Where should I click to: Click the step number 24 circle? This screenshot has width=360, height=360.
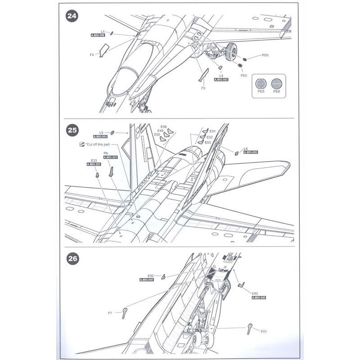point(72,16)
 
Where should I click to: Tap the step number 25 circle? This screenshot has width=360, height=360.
point(72,130)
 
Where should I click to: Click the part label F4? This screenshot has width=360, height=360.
point(91,55)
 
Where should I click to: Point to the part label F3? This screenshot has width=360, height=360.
point(203,88)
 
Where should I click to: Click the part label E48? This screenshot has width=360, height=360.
point(163,126)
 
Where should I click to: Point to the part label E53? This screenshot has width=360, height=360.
point(207,142)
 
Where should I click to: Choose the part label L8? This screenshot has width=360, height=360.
point(245,148)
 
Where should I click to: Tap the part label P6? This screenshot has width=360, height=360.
point(106,153)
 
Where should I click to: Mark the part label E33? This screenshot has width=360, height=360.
point(94,161)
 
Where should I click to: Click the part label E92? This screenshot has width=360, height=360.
point(151,275)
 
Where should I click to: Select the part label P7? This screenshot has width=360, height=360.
point(110,313)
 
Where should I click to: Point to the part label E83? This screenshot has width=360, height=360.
point(264,331)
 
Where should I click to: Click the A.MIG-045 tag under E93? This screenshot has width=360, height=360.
point(260,298)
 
